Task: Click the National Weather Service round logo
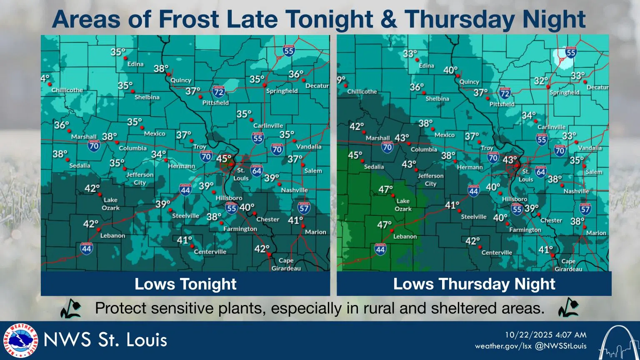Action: (20, 340)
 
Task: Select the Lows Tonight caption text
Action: (185, 284)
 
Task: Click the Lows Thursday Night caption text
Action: (474, 284)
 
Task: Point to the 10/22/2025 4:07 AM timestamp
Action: (545, 335)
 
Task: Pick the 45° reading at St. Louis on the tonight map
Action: (223, 159)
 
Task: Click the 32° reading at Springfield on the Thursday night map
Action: (541, 81)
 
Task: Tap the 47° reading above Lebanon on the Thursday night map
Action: (385, 225)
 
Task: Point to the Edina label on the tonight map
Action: (135, 64)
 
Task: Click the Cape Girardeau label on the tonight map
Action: (286, 264)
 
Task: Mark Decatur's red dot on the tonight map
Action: (304, 80)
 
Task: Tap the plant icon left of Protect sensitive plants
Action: (71, 308)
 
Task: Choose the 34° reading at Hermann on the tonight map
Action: (158, 155)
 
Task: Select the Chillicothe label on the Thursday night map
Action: (362, 91)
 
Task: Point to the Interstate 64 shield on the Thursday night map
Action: (540, 172)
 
